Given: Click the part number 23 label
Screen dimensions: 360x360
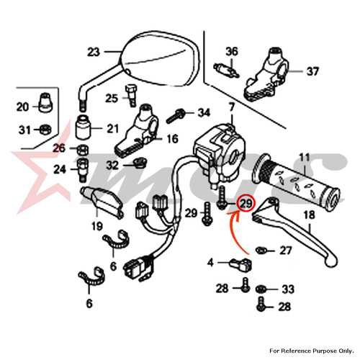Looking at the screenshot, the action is coord(94,52).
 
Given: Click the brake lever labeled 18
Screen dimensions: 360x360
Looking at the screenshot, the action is coord(294,230).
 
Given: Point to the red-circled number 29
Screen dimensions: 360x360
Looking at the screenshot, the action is coord(246,204).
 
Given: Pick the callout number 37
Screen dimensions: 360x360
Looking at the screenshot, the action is coord(312,71).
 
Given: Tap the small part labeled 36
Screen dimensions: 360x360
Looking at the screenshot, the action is coord(226,69).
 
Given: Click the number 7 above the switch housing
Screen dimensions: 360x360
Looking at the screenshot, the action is coord(231,107).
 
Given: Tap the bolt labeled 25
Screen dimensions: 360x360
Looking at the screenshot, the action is coord(131,96).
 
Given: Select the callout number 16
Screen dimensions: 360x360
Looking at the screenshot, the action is coord(172,139).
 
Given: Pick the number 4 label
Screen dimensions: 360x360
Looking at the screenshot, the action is coord(210,263).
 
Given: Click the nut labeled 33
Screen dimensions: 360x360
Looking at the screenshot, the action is coord(260,289).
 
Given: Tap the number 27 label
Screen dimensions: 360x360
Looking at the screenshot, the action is coord(286,251).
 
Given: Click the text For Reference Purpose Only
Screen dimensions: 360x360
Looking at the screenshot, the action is coord(312,351).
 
